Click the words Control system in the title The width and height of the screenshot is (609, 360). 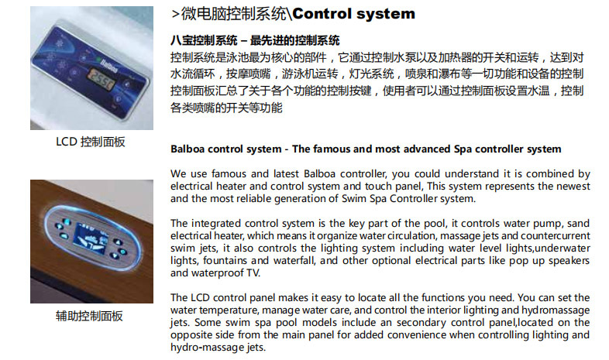coord(354,14)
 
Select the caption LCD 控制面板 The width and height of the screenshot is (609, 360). coord(91,142)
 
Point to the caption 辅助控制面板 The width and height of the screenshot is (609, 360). coord(89,316)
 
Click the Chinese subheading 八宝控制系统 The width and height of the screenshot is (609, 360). coord(204,40)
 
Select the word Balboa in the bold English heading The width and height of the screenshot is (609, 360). coord(188,149)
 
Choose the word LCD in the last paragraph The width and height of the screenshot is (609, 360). coord(201,298)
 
